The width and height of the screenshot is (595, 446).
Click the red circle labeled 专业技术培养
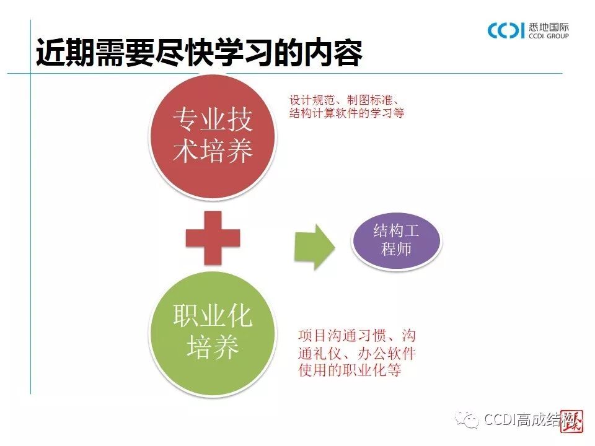coord(213,135)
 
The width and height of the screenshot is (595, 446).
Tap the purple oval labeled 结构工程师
coord(396,241)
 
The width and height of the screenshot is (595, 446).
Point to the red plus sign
coord(213,238)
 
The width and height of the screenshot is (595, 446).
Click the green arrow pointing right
coord(314,247)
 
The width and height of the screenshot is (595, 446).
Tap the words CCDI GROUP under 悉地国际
coord(549,37)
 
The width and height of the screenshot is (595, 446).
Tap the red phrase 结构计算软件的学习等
coord(347,114)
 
